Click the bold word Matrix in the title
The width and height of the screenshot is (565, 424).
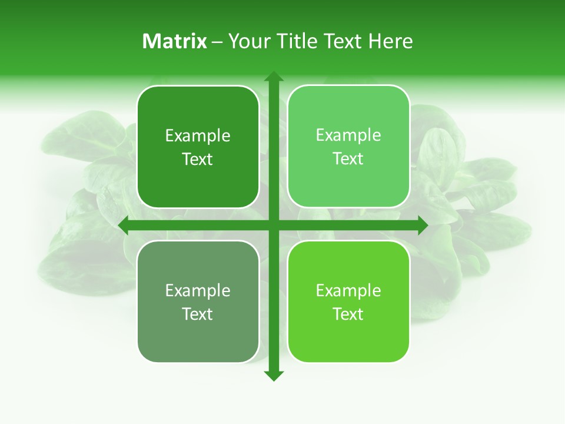pos(175,41)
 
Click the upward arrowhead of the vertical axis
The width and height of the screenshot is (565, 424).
pos(274,76)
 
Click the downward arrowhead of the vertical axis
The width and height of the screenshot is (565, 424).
pos(274,376)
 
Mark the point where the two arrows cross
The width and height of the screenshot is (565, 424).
pos(274,226)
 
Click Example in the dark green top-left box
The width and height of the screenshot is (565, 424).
pos(198,136)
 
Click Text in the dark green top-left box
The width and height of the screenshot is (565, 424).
pos(198,160)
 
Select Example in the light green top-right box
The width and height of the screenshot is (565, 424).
pos(348,135)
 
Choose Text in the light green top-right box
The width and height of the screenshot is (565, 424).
pos(348,159)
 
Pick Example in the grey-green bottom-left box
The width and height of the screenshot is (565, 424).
pos(198,290)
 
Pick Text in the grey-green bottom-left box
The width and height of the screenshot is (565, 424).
pos(198,314)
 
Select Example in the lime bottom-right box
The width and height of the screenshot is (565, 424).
pos(348,290)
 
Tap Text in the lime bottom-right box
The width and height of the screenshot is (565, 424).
pos(348,314)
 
